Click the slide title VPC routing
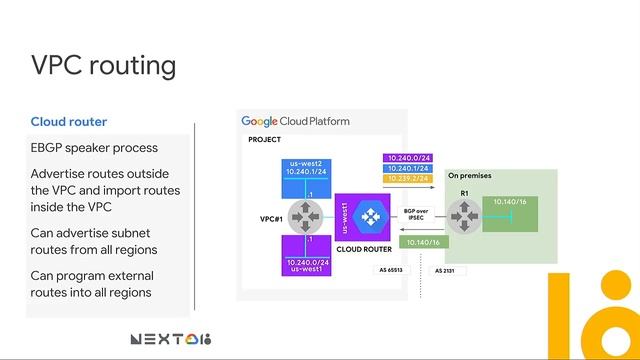coord(104,65)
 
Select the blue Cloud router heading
coord(69,122)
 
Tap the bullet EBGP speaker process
coord(94,148)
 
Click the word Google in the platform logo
coord(259,121)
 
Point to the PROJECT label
coord(265,140)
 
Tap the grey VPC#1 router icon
coord(309,216)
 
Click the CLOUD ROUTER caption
coord(364,250)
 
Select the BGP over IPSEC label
coord(416,214)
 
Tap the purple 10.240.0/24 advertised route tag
coord(408,158)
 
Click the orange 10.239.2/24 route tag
coord(408,181)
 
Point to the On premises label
coord(468,176)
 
